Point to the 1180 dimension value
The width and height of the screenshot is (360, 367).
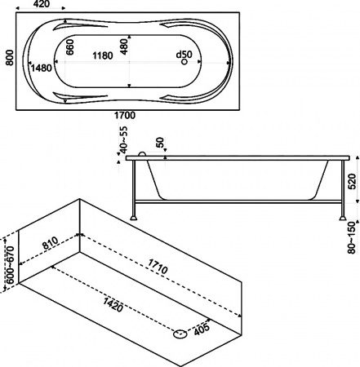102,56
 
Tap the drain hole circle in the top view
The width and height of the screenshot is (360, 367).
185,62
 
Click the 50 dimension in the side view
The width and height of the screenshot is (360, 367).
161,144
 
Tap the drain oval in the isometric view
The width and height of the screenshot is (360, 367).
179,332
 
